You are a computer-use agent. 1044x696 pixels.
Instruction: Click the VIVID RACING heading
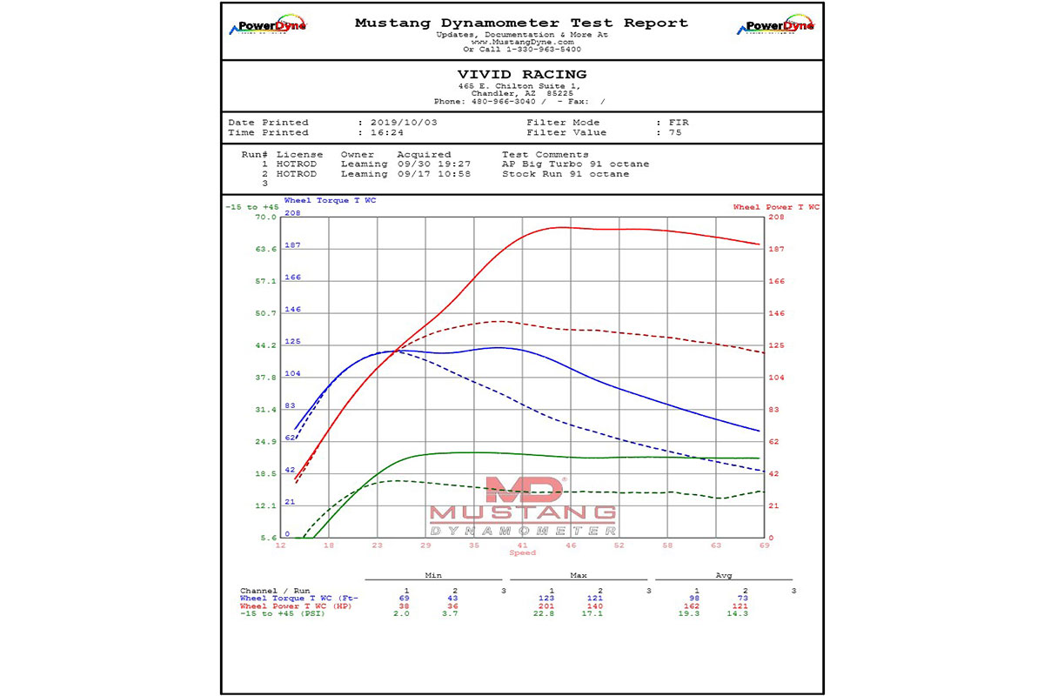tap(522, 75)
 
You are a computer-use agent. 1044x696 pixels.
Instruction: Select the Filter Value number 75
tap(675, 133)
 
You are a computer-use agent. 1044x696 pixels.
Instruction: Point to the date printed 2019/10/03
tap(398, 123)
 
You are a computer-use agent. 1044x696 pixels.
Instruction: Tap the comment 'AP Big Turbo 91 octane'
tap(575, 164)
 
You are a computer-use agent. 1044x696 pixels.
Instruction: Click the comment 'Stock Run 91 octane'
tap(565, 174)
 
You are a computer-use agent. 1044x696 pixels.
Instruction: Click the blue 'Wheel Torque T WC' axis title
tap(330, 201)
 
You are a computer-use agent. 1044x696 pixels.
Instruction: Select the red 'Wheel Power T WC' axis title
tap(776, 207)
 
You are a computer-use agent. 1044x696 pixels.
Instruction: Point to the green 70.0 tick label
tap(265, 217)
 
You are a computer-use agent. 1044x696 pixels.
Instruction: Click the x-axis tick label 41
tap(522, 545)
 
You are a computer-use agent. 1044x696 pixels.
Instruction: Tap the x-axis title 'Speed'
tap(523, 553)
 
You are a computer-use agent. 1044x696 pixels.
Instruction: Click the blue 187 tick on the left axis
tap(292, 245)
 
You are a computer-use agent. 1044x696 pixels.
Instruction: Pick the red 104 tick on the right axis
tap(776, 378)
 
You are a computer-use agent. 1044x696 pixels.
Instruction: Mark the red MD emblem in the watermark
tap(523, 492)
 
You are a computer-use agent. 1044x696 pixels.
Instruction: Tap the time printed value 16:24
tap(383, 133)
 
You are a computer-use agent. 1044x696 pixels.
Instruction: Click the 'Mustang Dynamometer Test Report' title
tap(521, 23)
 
